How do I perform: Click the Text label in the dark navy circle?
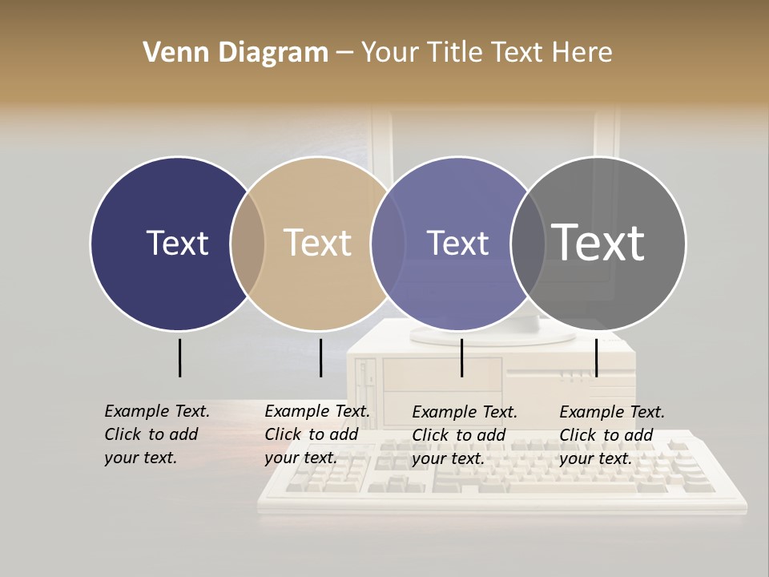coord(177,243)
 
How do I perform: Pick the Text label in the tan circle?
coord(318,243)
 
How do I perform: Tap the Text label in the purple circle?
coord(458,243)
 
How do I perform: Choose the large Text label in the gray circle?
coord(598,243)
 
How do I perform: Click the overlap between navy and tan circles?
coord(248,244)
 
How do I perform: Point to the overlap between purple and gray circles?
coord(528,244)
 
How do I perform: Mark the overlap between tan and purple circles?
coord(389,244)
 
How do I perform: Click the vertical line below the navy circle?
coord(179,357)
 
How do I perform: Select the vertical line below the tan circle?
coord(320,357)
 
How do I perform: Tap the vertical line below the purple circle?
coord(462,357)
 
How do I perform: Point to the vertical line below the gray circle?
coord(596,357)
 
